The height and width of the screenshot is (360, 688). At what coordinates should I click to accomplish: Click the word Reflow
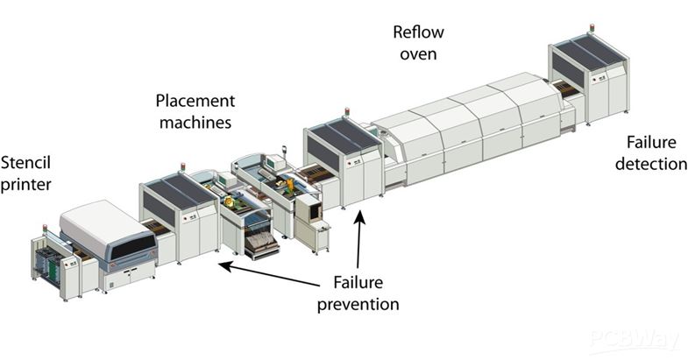tap(418, 33)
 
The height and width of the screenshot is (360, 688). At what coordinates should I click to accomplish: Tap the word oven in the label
tap(418, 55)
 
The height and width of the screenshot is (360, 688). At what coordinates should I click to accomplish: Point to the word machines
tap(195, 123)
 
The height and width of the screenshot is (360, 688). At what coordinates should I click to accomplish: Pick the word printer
tap(26, 184)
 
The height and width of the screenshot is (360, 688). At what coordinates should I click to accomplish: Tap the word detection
tap(649, 164)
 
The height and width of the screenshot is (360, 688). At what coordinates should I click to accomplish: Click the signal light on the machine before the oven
tap(346, 113)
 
